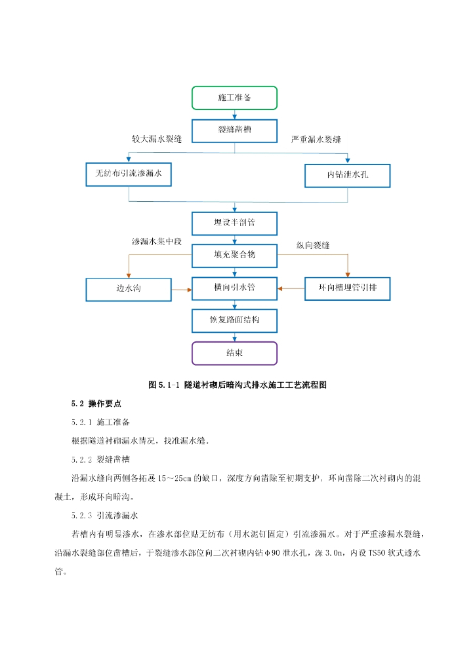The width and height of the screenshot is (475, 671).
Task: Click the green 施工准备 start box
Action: click(234, 98)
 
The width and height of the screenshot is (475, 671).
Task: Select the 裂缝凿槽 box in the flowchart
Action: click(234, 130)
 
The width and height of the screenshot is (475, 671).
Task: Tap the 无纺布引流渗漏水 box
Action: click(129, 174)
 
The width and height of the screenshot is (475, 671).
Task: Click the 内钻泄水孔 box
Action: click(347, 175)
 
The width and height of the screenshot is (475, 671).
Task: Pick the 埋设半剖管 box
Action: click(234, 223)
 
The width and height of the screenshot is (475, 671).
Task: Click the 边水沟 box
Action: click(128, 288)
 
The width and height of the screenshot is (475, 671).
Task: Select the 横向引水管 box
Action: click(234, 288)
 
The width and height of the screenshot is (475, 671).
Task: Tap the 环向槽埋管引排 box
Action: click(348, 288)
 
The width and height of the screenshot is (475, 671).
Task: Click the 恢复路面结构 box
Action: click(234, 320)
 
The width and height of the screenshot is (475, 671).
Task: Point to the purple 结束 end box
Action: click(234, 353)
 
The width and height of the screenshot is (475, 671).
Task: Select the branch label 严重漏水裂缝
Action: click(316, 140)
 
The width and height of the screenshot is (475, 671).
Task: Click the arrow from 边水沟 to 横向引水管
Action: click(181, 288)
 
